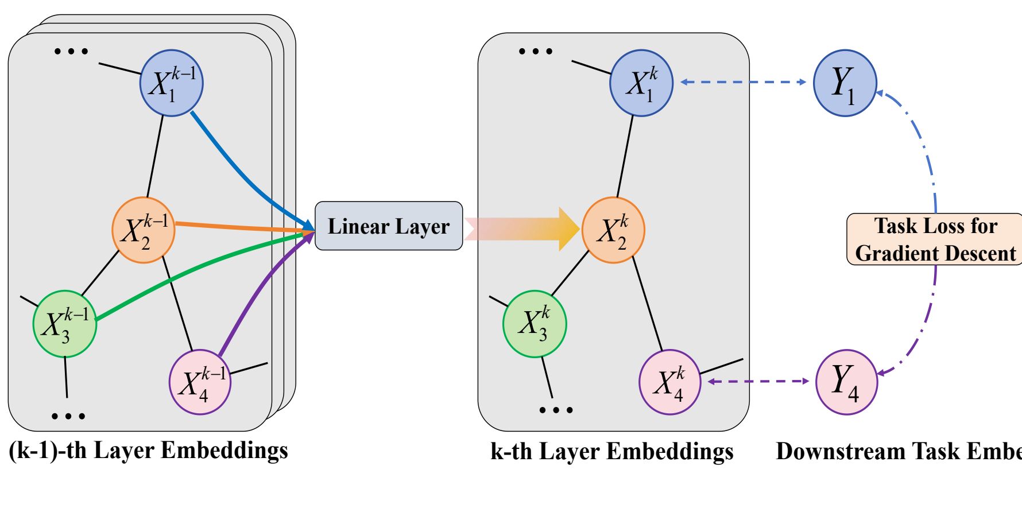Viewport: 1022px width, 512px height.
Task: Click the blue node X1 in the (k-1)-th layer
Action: [171, 83]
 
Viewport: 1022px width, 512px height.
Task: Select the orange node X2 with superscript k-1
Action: [143, 230]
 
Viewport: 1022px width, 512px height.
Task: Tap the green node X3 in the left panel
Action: [64, 324]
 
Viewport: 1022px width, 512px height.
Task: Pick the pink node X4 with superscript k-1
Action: [200, 382]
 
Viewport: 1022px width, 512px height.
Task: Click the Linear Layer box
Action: [389, 226]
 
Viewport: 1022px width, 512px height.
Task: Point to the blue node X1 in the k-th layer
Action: [641, 83]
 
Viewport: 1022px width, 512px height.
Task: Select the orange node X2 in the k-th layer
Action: [613, 230]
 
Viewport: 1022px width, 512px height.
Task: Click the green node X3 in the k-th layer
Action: [535, 324]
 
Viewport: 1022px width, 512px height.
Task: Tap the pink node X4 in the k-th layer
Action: [670, 382]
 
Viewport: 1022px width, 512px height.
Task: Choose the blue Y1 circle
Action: [845, 83]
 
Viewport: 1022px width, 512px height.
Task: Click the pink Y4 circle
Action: [846, 382]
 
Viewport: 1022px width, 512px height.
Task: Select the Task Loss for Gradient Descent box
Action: [935, 239]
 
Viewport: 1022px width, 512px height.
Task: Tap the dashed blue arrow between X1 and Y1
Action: [743, 82]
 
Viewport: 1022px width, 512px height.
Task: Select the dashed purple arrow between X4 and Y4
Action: [758, 381]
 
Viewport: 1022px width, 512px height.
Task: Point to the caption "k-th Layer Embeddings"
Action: [612, 452]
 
